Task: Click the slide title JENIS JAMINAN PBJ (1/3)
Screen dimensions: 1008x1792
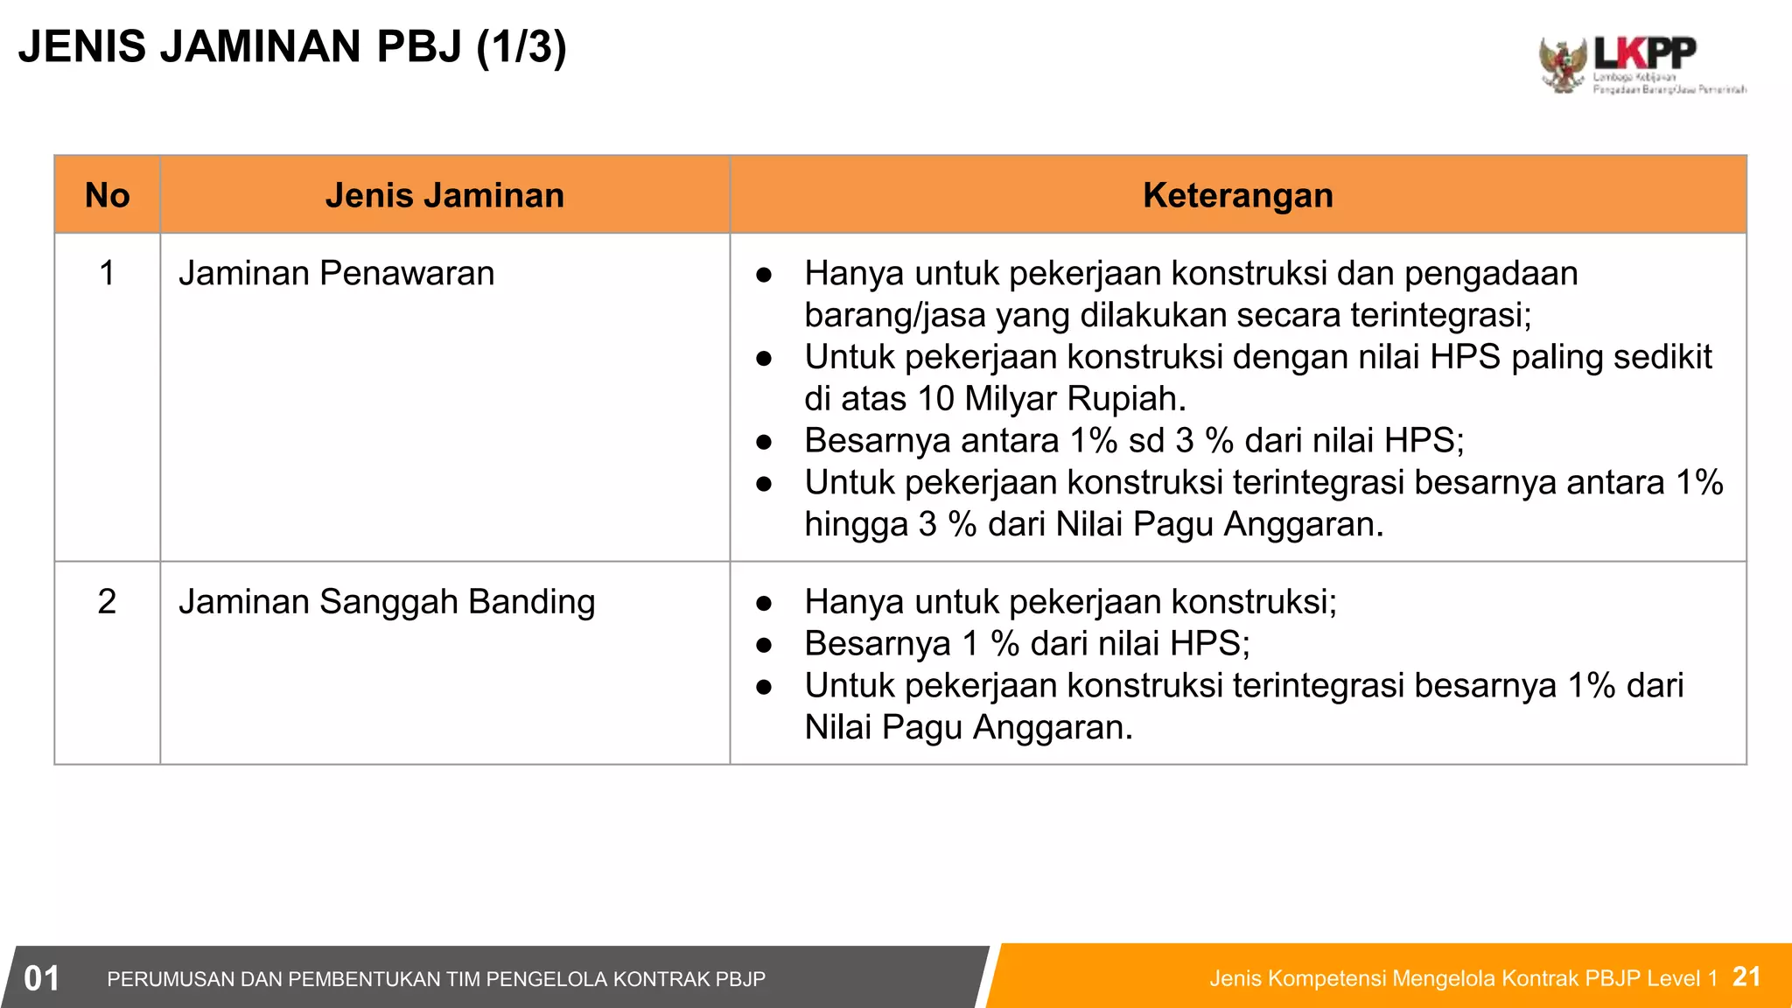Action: [x=292, y=46]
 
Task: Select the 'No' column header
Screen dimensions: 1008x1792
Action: [x=107, y=195]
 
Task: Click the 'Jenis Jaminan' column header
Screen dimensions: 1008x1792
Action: [x=444, y=195]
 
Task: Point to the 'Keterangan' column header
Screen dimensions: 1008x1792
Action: [x=1237, y=195]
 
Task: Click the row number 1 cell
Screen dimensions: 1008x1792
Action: [x=107, y=273]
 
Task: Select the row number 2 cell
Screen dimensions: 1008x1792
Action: [x=107, y=602]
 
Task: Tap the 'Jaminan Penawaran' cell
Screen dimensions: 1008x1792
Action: [x=336, y=273]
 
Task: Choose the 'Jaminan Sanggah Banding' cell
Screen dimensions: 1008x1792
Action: [x=387, y=602]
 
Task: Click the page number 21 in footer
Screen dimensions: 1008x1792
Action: [x=1746, y=976]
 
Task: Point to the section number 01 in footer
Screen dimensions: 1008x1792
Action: [x=41, y=978]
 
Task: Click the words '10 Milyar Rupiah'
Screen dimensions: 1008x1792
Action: [x=1051, y=399]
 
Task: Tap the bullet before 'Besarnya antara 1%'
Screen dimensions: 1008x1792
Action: [x=764, y=442]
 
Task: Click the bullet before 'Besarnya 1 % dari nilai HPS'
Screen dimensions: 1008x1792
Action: [x=764, y=645]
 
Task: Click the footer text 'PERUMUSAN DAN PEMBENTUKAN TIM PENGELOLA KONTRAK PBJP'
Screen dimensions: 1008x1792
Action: [x=436, y=979]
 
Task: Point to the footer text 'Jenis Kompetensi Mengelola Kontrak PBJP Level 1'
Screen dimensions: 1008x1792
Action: [x=1463, y=978]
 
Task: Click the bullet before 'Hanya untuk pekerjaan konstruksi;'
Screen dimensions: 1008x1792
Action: [x=764, y=603]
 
